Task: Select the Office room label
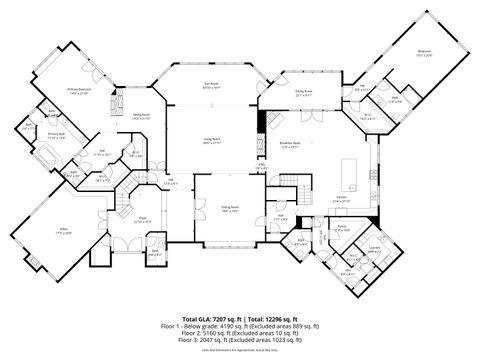pos(62,231)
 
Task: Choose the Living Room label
pos(212,140)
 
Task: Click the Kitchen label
pos(341,200)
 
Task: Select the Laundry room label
pos(374,250)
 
